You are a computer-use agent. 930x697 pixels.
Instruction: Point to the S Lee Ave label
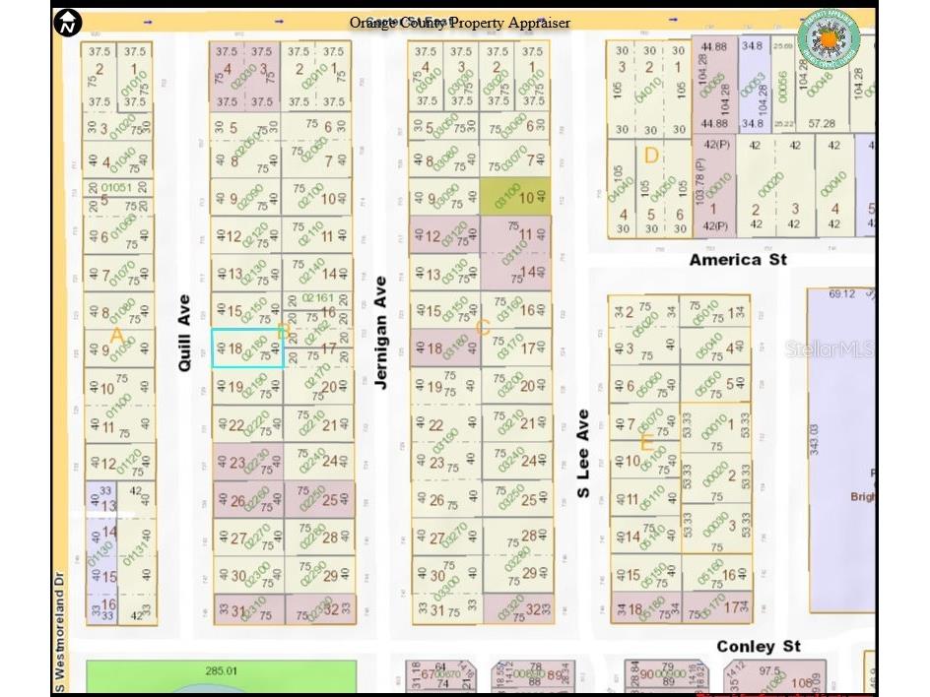pos(583,454)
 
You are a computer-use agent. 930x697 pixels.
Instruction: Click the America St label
pos(738,260)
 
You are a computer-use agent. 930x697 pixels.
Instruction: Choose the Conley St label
pos(759,647)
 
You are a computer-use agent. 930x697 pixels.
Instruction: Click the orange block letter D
pos(651,156)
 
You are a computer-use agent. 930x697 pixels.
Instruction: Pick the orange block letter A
pos(116,337)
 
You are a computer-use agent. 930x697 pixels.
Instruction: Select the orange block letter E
pos(646,443)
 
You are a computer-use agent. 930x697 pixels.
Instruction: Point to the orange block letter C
pos(483,328)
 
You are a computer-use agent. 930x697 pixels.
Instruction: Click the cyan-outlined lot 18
pos(248,348)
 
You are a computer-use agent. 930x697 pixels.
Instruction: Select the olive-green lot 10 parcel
pos(515,197)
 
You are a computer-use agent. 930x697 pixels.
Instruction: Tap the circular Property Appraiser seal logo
pos(829,38)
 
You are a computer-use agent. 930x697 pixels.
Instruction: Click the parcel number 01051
pos(116,187)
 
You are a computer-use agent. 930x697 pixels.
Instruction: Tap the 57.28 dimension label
pos(821,124)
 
